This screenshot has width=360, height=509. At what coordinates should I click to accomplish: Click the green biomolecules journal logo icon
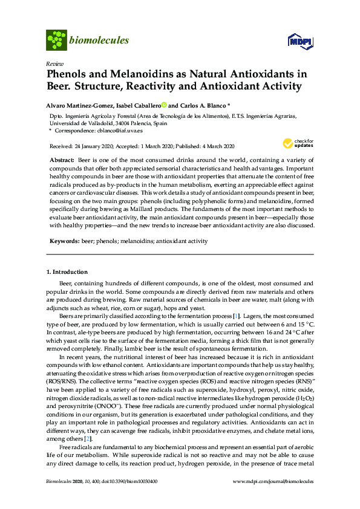click(56, 41)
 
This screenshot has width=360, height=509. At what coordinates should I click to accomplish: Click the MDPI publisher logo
click(300, 41)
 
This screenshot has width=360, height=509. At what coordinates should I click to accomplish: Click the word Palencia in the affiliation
click(136, 123)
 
